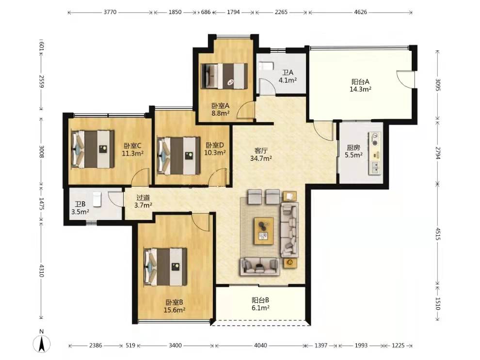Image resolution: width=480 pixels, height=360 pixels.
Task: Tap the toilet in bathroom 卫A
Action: tap(264, 66)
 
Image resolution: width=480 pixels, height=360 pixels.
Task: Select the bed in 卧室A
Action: tap(224, 76)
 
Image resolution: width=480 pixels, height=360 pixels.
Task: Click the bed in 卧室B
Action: tap(165, 266)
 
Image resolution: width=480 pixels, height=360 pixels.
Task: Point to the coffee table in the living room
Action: tap(264, 231)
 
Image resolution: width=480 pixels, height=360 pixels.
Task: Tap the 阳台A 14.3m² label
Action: tap(360, 86)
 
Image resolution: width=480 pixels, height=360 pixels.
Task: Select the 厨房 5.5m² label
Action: tap(353, 151)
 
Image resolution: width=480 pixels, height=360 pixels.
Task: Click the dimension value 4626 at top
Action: tap(360, 12)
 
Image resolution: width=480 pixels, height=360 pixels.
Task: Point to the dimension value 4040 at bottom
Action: tap(260, 345)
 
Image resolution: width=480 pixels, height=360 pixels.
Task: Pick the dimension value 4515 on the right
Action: tap(438, 234)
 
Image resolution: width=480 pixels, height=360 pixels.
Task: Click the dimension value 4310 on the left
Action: tap(42, 271)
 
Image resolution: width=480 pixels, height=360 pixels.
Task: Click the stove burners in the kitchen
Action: tap(375, 139)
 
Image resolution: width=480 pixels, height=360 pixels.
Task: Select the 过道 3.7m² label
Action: tap(143, 202)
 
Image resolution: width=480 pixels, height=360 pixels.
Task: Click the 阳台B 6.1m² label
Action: tap(260, 304)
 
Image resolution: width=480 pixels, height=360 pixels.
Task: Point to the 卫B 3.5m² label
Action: tap(80, 208)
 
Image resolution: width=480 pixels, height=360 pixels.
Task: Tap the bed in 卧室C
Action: tap(93, 149)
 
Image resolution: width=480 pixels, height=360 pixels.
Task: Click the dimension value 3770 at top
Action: tap(110, 12)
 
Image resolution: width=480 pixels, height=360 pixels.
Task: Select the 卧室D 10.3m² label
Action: tap(215, 148)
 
